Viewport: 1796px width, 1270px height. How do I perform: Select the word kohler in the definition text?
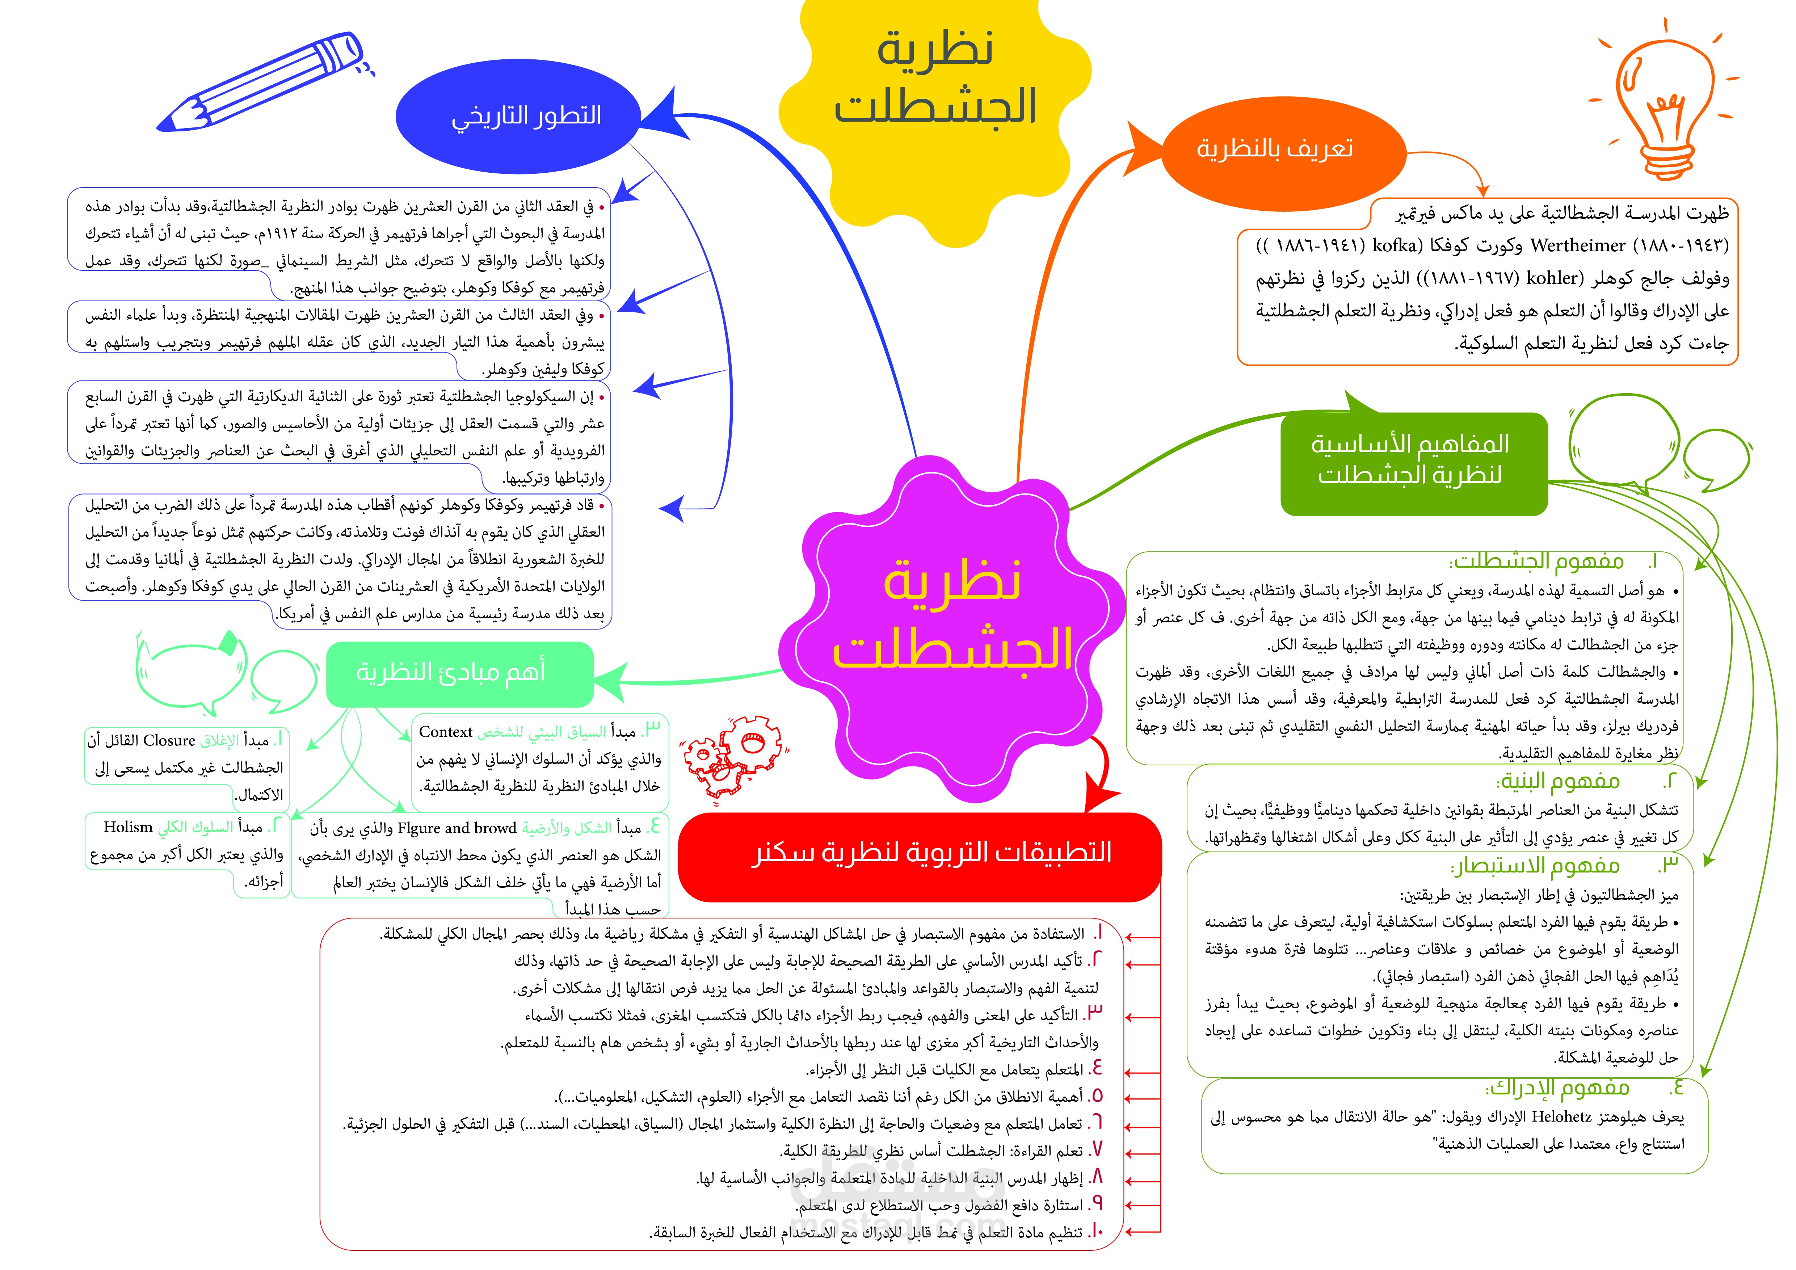tap(1553, 278)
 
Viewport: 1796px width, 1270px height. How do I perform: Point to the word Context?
tap(446, 732)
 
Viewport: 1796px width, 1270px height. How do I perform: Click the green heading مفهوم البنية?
tap(1557, 781)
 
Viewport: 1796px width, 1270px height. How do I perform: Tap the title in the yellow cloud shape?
tap(935, 78)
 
